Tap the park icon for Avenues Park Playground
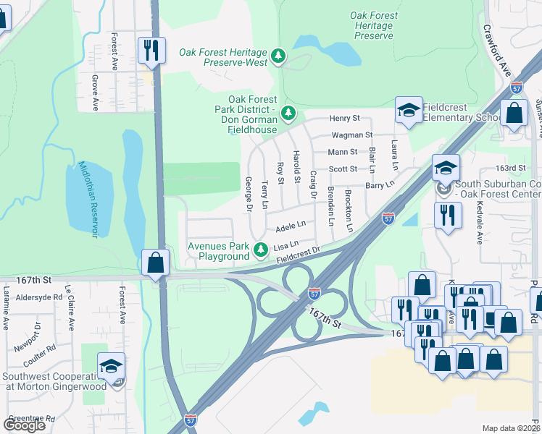click(x=261, y=250)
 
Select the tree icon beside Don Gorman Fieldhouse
click(x=288, y=112)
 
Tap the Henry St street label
click(x=345, y=118)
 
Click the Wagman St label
click(x=351, y=135)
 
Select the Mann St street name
click(x=343, y=152)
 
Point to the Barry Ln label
click(x=379, y=185)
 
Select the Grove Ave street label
click(x=94, y=95)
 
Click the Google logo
click(x=24, y=425)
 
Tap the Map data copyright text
click(x=511, y=428)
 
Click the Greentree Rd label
click(x=31, y=418)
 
